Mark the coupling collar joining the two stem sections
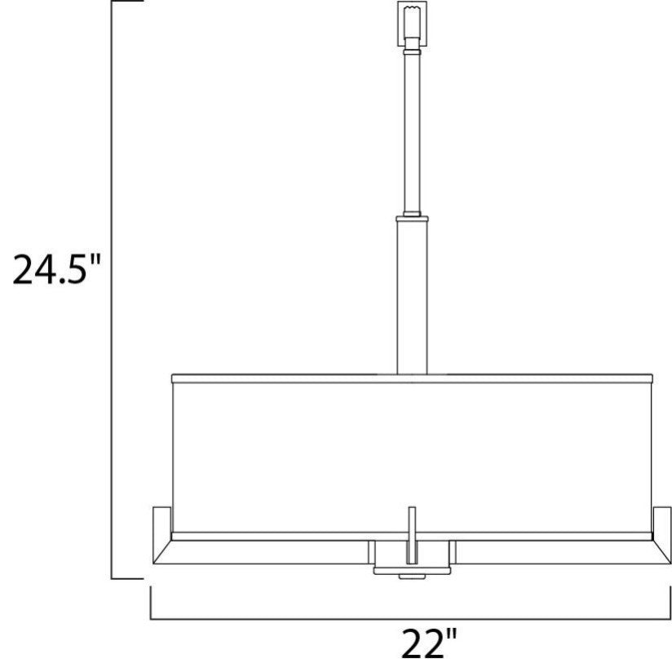(x=412, y=218)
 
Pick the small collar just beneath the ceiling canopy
(x=412, y=50)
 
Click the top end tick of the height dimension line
(x=126, y=2)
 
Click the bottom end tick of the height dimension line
(x=126, y=578)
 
